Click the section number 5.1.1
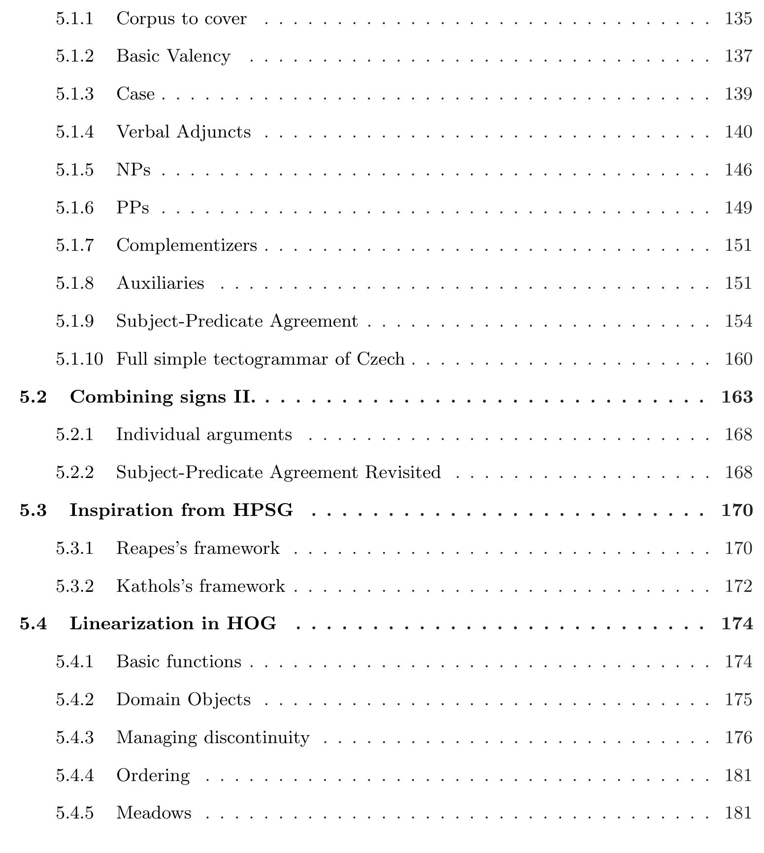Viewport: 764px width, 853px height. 74,19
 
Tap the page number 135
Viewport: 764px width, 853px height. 738,19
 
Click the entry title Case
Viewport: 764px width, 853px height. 135,94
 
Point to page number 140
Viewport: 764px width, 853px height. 738,132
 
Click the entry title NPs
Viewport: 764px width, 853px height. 133,170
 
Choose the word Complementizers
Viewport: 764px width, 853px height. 187,245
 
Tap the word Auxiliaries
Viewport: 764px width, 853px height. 160,283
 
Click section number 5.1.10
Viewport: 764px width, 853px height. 79,359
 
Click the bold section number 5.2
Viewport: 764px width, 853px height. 33,397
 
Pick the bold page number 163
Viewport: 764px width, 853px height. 737,397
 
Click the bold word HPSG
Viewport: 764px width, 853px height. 263,511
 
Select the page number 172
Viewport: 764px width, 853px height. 738,586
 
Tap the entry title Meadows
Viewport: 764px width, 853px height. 154,813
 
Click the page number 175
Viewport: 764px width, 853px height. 738,700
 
